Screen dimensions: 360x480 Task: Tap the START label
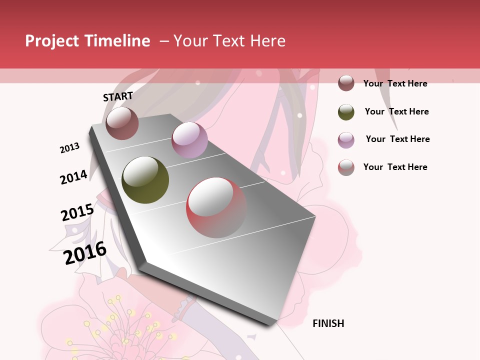[118, 96]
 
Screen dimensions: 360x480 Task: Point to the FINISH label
[328, 323]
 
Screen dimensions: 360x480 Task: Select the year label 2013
[69, 148]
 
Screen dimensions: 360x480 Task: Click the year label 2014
[73, 177]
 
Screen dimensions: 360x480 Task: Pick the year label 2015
[77, 212]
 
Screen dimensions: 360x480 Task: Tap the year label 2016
[85, 252]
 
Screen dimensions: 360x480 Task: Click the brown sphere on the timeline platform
[122, 123]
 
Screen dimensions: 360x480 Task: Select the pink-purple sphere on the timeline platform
[189, 140]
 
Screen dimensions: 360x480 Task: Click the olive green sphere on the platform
[145, 180]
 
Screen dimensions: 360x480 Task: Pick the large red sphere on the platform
[216, 207]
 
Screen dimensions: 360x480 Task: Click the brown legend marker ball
[346, 83]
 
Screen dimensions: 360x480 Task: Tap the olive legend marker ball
[346, 112]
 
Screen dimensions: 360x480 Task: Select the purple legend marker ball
[346, 140]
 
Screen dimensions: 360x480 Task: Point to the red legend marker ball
[346, 167]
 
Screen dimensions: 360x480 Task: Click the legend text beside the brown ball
[395, 83]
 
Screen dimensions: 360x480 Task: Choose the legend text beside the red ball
[395, 167]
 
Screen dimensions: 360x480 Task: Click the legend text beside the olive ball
[396, 111]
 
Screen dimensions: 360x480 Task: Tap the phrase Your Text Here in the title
[229, 41]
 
